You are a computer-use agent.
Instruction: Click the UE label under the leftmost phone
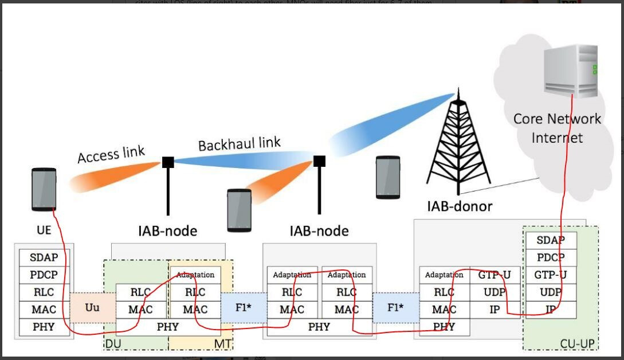pos(44,230)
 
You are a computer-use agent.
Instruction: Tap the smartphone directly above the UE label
pos(44,189)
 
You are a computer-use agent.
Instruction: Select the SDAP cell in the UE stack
pos(44,257)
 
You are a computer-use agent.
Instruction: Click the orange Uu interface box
pos(92,307)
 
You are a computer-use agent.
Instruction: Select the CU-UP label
pos(576,343)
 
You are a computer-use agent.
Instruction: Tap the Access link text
pos(111,155)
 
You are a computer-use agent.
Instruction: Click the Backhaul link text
pos(240,143)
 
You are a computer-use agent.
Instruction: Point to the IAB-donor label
pos(460,206)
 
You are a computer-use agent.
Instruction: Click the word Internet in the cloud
pos(557,138)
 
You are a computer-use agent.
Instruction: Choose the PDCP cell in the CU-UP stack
pos(551,257)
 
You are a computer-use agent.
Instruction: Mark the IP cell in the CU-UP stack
pos(551,310)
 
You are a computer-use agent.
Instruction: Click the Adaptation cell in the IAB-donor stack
pos(444,275)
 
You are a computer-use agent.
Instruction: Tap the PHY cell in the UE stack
pos(44,327)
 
